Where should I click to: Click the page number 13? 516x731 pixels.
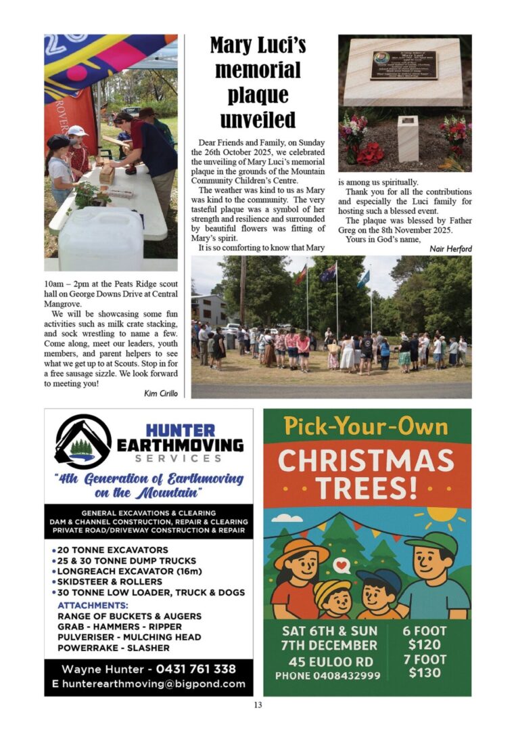258,705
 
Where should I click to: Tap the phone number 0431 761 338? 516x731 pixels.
196,669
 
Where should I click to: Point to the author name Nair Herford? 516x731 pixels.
450,249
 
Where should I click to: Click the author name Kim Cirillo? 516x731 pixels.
161,393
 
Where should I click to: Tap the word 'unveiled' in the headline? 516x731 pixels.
258,119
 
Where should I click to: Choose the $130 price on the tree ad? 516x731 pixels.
424,673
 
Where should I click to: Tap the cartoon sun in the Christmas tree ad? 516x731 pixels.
442,516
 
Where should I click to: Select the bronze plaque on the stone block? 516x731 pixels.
404,66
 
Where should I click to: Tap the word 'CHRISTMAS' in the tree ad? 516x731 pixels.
367,460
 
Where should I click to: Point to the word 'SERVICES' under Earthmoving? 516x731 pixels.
179,458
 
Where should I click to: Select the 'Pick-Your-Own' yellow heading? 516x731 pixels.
366,426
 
